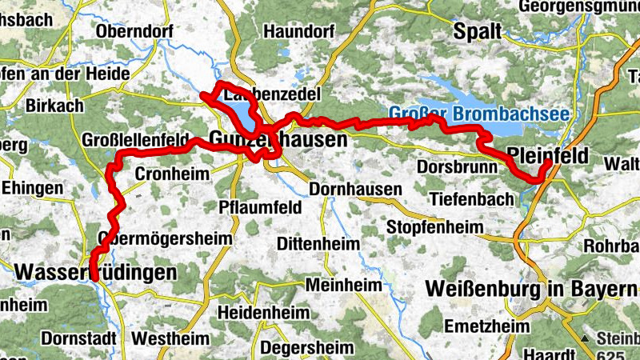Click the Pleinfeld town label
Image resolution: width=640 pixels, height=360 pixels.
(x=547, y=154)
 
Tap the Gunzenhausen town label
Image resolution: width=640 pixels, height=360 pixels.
(x=278, y=139)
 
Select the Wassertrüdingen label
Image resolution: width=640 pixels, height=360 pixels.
(x=96, y=273)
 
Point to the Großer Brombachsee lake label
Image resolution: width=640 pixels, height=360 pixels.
(x=479, y=113)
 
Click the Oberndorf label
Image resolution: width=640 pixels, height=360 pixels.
(x=130, y=32)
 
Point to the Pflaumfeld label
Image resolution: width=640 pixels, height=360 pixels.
(x=260, y=207)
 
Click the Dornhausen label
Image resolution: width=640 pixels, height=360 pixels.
(x=355, y=190)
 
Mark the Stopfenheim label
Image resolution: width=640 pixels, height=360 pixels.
(x=434, y=227)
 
